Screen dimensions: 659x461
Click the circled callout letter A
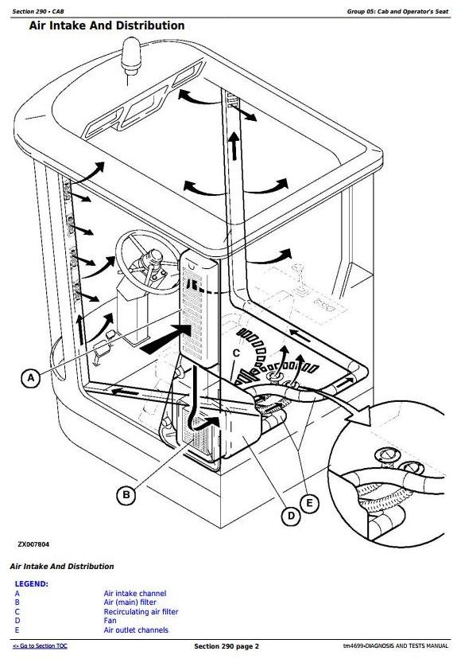pyautogui.click(x=30, y=378)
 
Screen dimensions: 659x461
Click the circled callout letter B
pyautogui.click(x=125, y=495)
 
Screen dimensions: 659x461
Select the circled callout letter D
pyautogui.click(x=292, y=516)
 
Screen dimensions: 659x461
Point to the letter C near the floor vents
pyautogui.click(x=236, y=353)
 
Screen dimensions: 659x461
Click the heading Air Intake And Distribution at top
pyautogui.click(x=107, y=26)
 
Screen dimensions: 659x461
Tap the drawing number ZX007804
pyautogui.click(x=33, y=544)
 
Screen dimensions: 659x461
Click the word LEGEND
pyautogui.click(x=31, y=583)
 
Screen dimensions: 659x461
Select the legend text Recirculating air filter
pyautogui.click(x=141, y=612)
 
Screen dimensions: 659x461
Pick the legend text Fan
pyautogui.click(x=110, y=621)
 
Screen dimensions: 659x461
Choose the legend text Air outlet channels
pyautogui.click(x=136, y=630)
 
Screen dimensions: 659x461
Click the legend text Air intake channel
pyautogui.click(x=135, y=594)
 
